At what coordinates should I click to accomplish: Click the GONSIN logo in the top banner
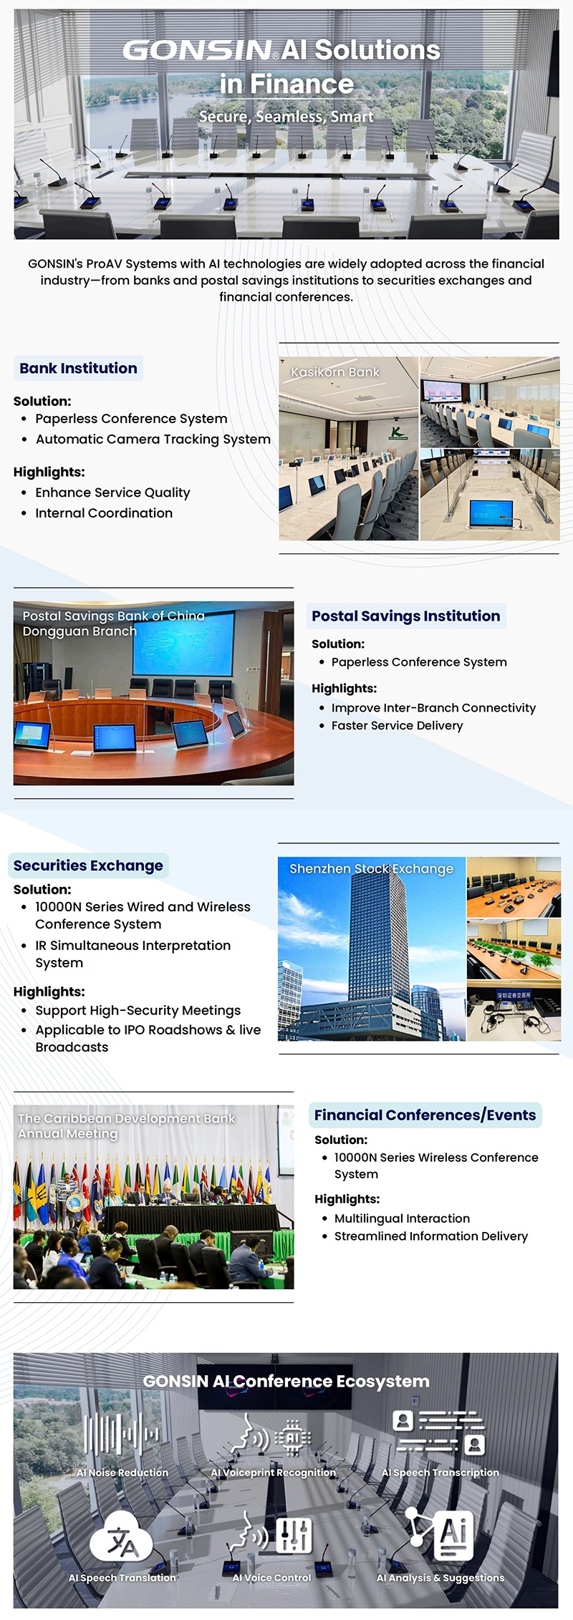click(197, 50)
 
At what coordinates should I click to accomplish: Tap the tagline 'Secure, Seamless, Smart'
click(286, 117)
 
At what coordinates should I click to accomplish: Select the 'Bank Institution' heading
click(78, 368)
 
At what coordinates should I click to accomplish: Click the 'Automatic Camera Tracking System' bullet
click(153, 439)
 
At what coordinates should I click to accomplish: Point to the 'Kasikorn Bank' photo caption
click(335, 372)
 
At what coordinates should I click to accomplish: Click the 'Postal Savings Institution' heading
click(405, 616)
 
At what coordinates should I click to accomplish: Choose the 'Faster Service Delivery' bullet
click(397, 725)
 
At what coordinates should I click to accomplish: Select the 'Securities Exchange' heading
click(88, 865)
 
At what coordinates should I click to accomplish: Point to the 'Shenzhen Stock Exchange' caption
click(371, 868)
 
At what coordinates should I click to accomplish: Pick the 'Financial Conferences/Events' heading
click(425, 1115)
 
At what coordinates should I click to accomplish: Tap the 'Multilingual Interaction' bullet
click(402, 1218)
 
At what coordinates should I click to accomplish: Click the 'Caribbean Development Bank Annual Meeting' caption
click(126, 1126)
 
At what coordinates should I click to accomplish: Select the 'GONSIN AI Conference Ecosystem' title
click(286, 1382)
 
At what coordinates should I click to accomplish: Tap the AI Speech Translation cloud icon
click(122, 1538)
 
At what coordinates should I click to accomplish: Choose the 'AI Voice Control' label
click(271, 1578)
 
